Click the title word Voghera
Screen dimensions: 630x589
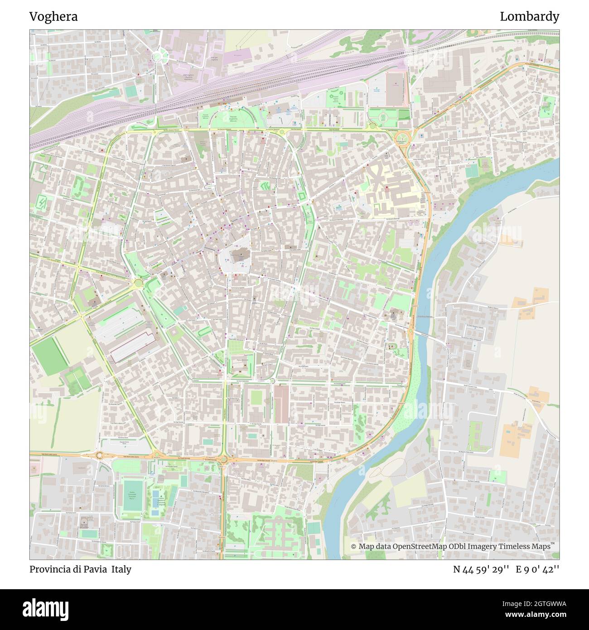(53, 17)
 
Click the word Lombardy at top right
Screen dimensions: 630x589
(529, 17)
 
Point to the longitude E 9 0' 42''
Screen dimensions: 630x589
(539, 569)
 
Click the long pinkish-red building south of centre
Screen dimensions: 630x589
(281, 404)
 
